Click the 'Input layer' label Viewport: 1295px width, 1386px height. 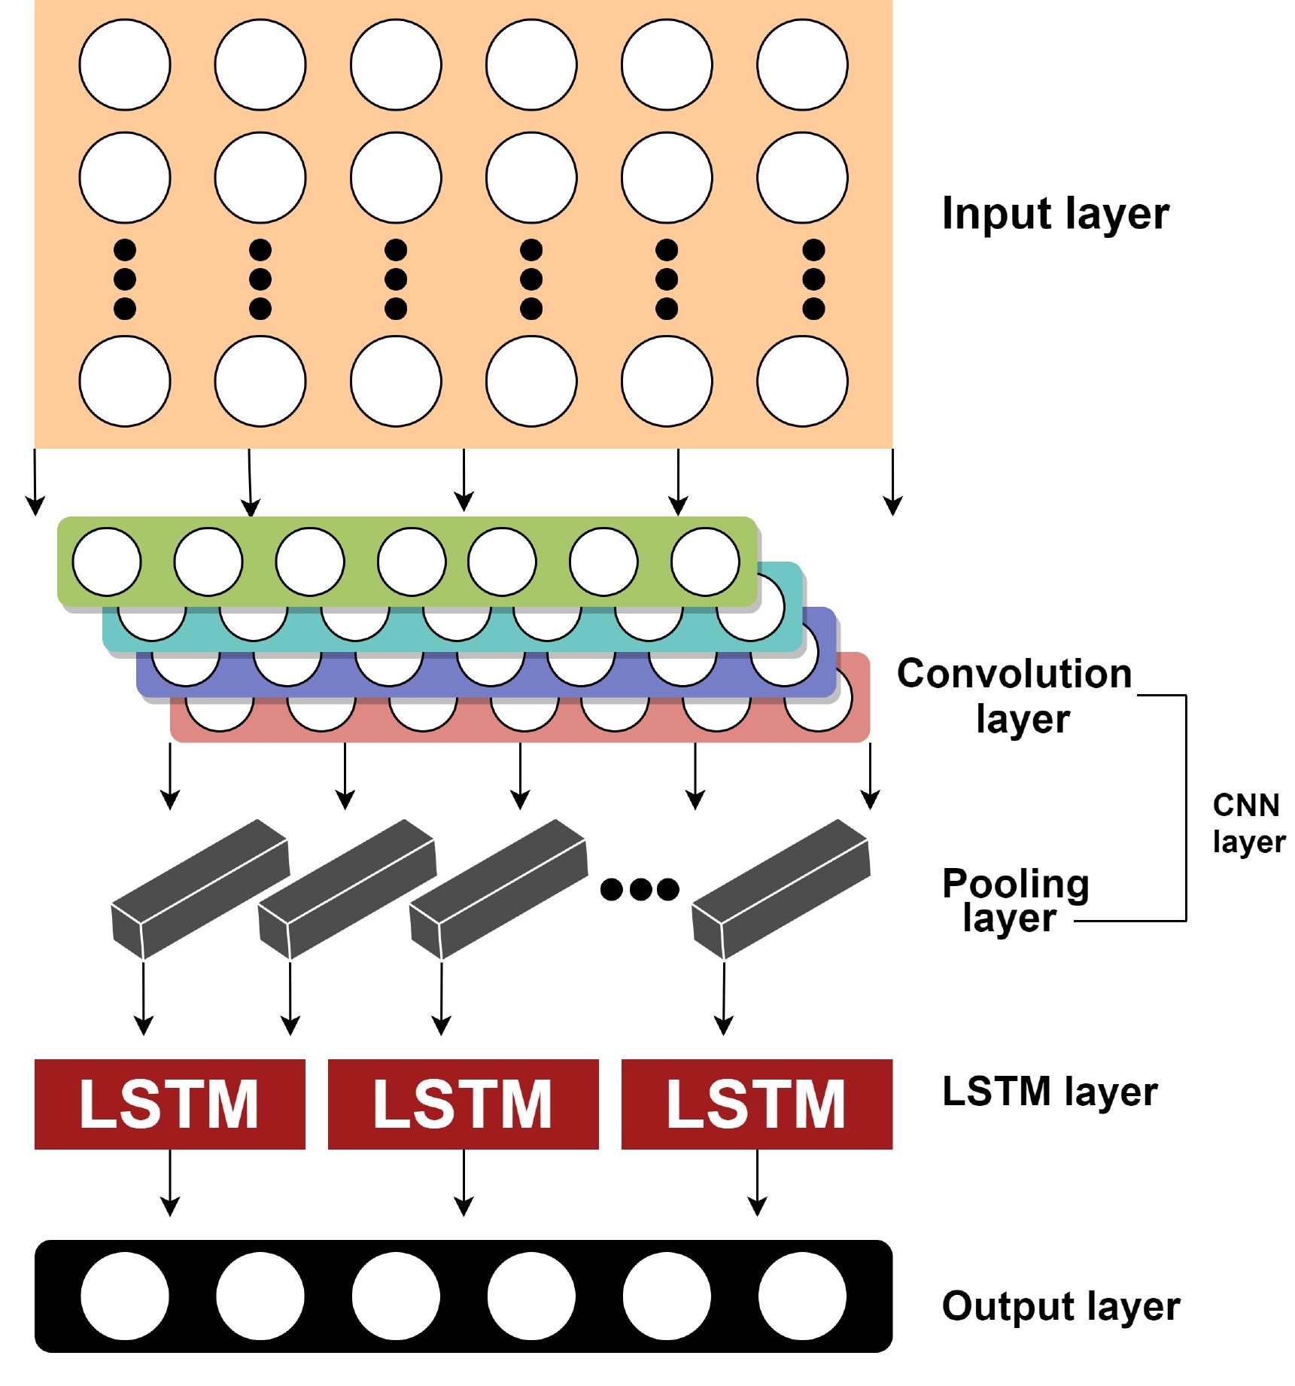coord(1055,215)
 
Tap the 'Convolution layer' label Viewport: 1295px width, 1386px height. coord(1014,696)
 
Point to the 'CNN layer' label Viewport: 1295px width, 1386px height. coord(1248,823)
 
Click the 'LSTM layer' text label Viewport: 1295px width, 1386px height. coord(1049,1092)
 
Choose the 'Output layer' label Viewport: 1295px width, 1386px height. coord(1060,1306)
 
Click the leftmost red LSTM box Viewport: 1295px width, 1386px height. coord(170,1104)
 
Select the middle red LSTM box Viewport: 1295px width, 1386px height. coord(464,1104)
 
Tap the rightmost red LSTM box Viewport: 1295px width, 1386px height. coord(757,1104)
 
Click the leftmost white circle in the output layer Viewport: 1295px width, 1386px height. coord(125,1296)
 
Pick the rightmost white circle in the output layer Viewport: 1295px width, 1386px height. coord(802,1296)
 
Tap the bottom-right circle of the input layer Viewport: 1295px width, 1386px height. coord(802,381)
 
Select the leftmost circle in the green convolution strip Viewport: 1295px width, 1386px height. coord(107,562)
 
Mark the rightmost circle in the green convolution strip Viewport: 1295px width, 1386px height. coord(705,562)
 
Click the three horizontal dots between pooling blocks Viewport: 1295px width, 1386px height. coord(640,890)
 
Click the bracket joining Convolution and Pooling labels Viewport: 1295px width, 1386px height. coord(1186,807)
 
